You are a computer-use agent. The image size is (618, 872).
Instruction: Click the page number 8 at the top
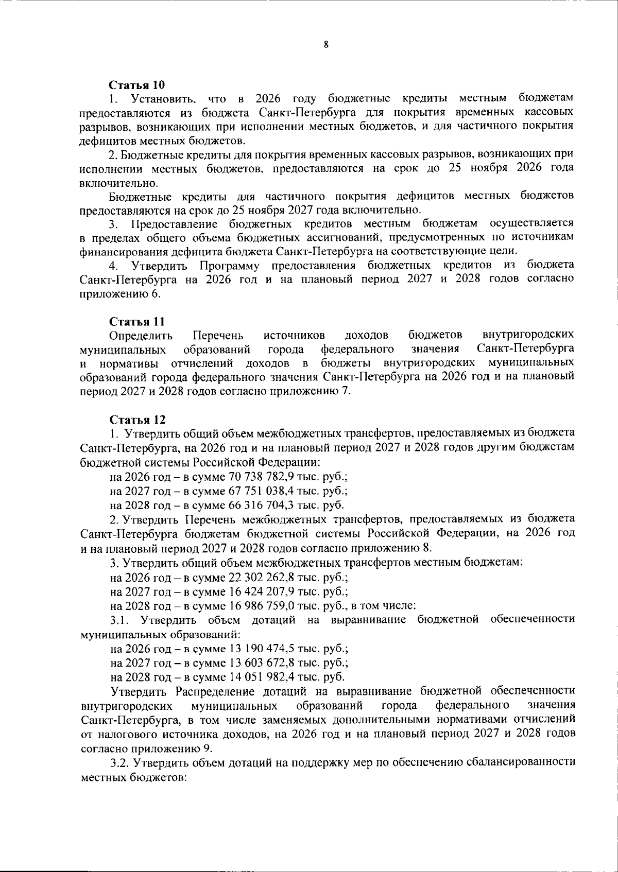(326, 45)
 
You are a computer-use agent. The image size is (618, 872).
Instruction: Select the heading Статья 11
(137, 322)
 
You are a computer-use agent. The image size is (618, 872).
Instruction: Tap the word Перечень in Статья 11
(218, 336)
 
